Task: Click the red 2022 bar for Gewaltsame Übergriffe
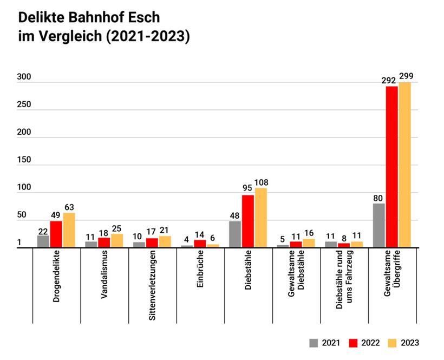391,167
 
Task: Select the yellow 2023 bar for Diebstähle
261,218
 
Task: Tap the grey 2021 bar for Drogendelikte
43,241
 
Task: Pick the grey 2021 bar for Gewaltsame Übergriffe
379,225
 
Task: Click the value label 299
406,76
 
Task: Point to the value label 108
261,182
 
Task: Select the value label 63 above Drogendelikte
69,207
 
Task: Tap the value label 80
379,198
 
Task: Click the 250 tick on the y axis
24,105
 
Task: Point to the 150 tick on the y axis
24,160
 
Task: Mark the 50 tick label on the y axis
22,215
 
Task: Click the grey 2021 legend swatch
314,343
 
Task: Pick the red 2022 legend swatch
355,343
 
